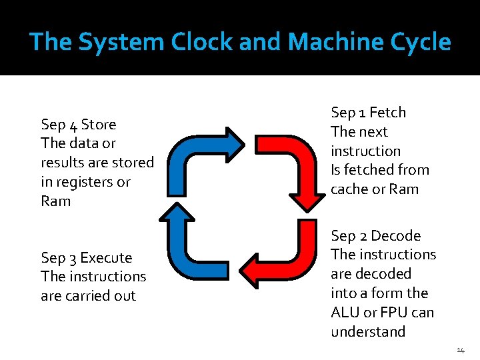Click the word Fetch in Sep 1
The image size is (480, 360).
[387, 113]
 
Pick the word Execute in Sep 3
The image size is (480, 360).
[106, 258]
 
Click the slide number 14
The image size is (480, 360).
[461, 350]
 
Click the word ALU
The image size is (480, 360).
[345, 313]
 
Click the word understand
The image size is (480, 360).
[368, 332]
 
